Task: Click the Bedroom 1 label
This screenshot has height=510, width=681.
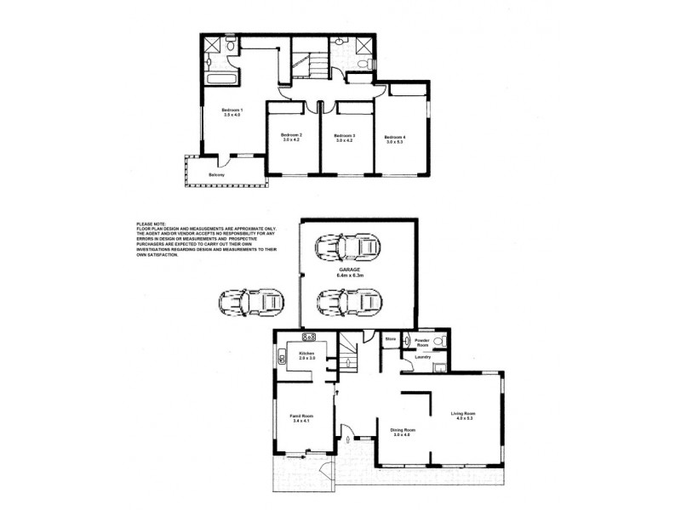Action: click(232, 110)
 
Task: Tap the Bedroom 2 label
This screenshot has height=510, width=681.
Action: click(292, 135)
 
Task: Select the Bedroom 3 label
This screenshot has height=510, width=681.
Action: click(344, 135)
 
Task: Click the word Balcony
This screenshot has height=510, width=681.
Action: click(217, 175)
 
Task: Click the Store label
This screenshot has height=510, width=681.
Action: click(391, 339)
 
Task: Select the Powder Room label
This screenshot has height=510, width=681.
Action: click(423, 343)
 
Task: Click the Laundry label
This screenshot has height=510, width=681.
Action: click(422, 357)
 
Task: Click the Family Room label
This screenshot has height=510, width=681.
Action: click(303, 416)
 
